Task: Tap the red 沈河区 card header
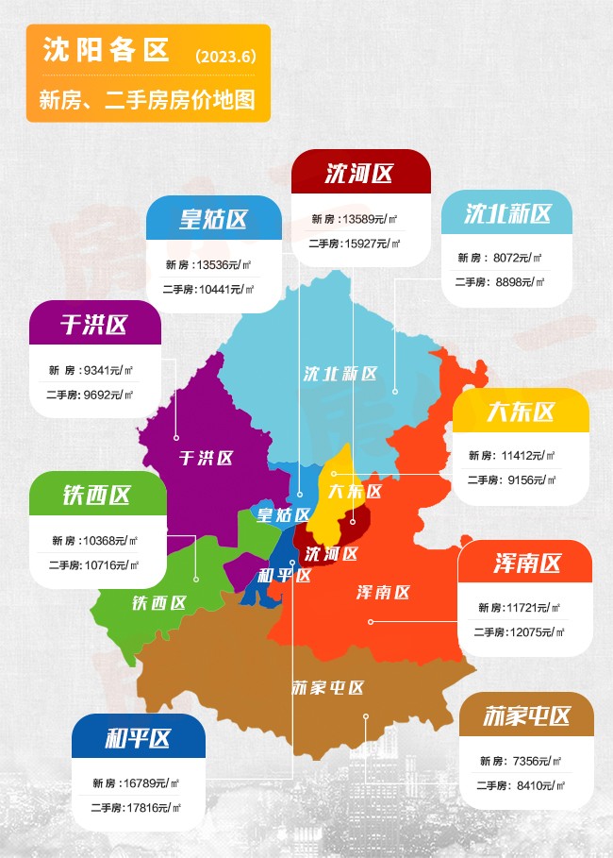coord(360,173)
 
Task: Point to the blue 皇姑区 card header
coord(214,219)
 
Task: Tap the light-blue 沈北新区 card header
coord(507,213)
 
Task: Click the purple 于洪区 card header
coord(94,324)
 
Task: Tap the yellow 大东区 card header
coord(521,412)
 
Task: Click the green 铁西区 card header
coord(97,495)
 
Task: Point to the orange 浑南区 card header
coord(526,564)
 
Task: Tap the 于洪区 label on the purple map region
coord(206,458)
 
